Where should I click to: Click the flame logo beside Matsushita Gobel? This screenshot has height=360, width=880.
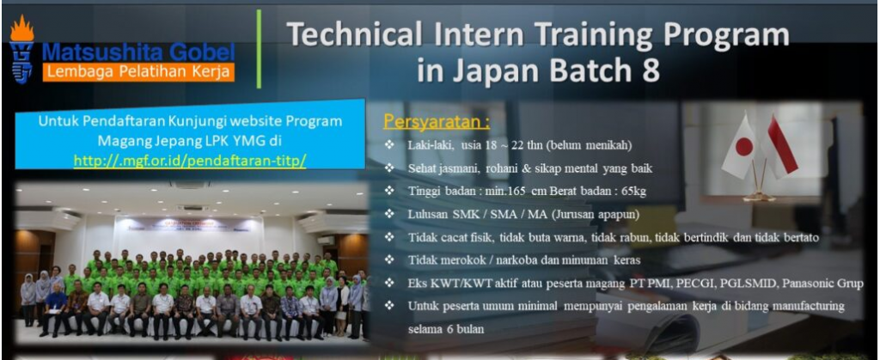coord(21,49)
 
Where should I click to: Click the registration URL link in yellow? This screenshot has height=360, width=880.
coord(190,160)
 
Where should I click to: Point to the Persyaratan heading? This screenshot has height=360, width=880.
coord(437,122)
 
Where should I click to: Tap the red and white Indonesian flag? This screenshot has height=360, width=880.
coord(780,146)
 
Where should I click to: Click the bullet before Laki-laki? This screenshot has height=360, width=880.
coord(389,146)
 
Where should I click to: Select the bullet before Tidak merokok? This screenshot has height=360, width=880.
coord(389,260)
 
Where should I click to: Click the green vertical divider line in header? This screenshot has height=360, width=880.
coord(259,49)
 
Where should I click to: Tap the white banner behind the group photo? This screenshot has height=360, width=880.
coord(188,230)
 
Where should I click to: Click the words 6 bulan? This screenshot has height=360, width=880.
coord(460,330)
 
